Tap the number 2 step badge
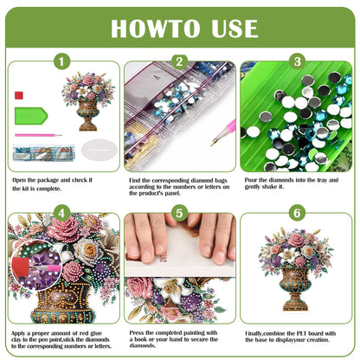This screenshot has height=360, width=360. (x=179, y=61)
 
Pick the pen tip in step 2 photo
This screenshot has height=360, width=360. (x=211, y=134)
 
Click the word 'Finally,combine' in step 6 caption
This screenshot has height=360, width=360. (x=266, y=331)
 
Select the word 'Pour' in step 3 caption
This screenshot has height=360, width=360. (x=252, y=179)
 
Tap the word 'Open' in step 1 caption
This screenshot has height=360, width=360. (x=21, y=179)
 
